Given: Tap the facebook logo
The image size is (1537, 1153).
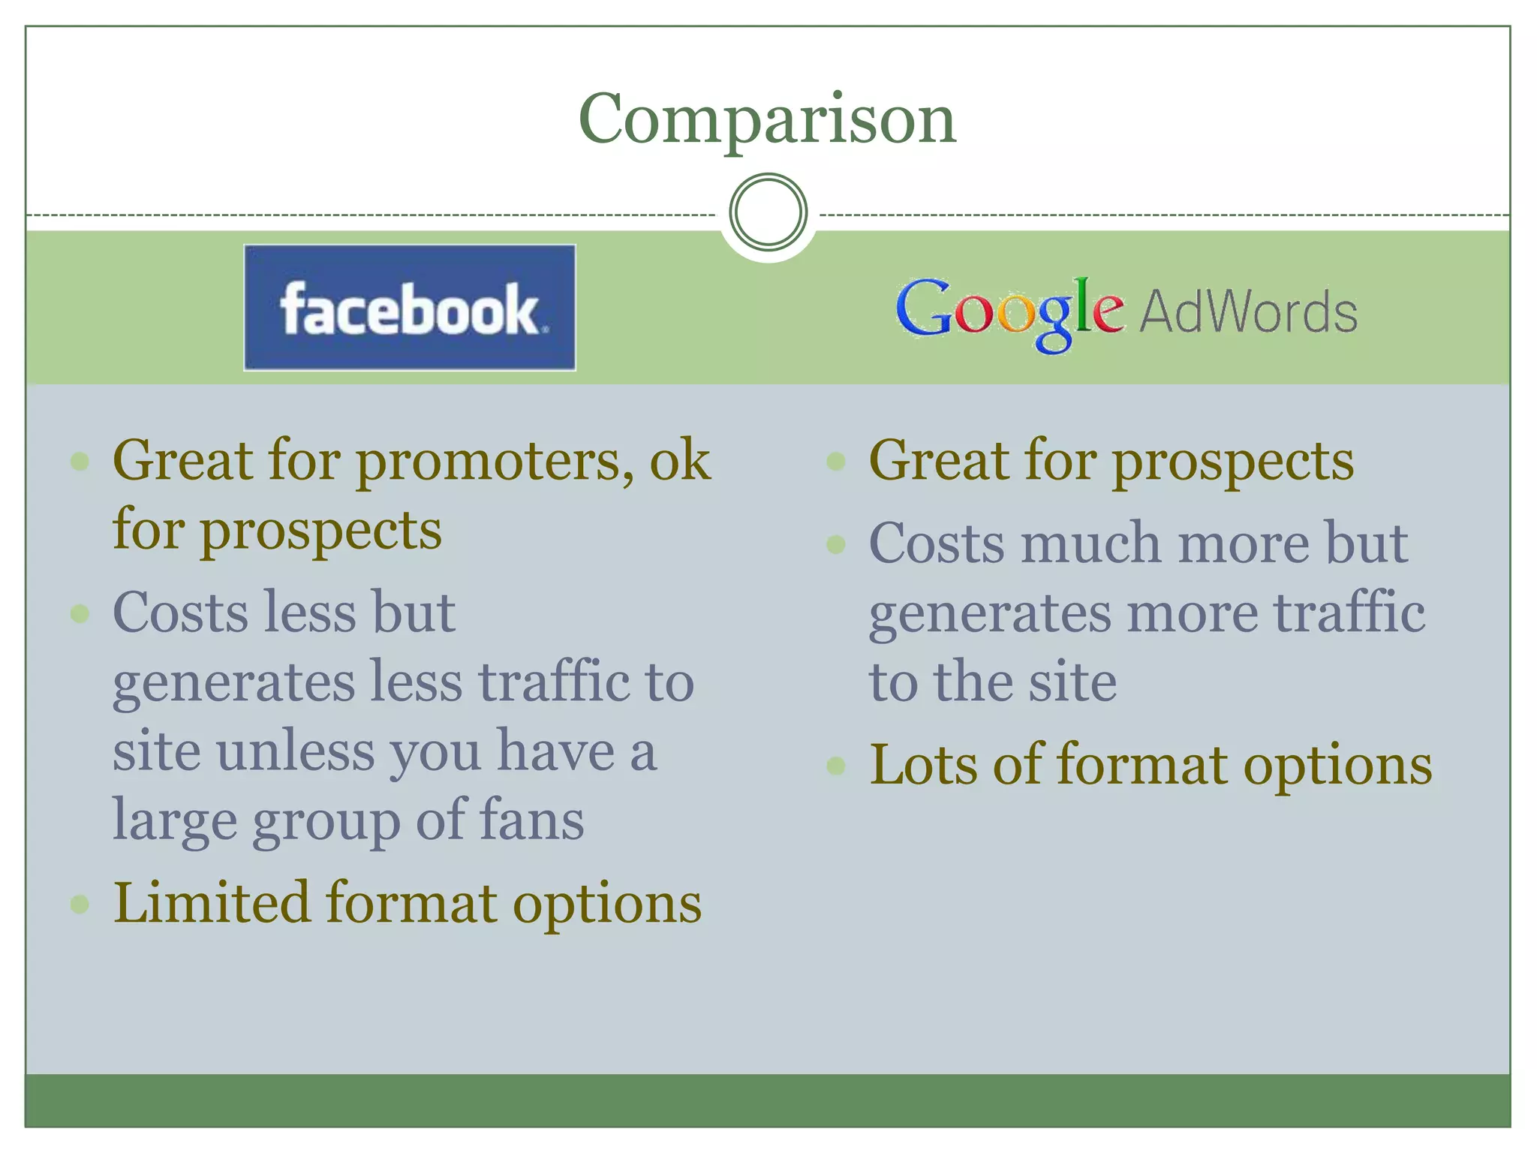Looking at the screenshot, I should click(410, 308).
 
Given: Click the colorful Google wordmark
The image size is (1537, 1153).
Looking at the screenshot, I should click(1009, 312).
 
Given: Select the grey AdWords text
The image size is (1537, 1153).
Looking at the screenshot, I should click(1249, 312).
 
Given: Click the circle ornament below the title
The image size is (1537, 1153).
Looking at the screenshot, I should click(768, 212).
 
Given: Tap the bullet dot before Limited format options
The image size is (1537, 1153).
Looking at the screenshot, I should click(80, 904).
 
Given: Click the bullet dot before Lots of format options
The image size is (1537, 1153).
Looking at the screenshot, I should click(835, 766).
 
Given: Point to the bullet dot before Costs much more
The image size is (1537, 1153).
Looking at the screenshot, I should click(835, 544).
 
